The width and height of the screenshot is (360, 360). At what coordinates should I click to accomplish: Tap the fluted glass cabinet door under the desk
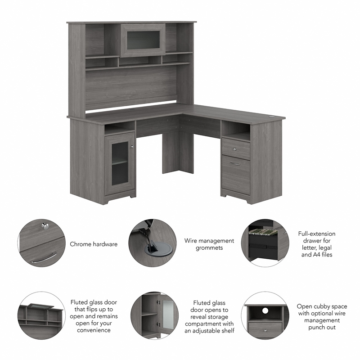tap(119, 164)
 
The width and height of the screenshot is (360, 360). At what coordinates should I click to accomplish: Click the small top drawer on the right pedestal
tap(235, 149)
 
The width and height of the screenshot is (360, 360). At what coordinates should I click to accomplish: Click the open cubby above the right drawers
tap(235, 131)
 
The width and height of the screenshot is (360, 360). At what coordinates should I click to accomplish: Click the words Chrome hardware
tap(94, 244)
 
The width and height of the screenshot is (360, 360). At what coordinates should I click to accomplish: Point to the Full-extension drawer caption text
tap(316, 244)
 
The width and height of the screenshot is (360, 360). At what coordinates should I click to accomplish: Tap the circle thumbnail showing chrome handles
tap(41, 243)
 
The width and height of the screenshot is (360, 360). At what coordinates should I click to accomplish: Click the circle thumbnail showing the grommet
tap(152, 243)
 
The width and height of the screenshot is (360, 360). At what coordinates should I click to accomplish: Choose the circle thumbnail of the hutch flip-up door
tap(41, 315)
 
